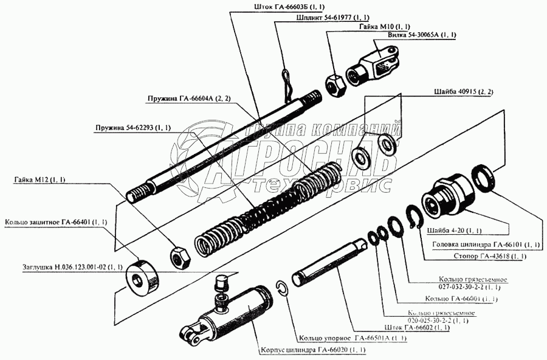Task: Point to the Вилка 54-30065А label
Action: coord(422,36)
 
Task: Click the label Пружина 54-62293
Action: coord(132,128)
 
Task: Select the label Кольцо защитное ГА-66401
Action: coord(56,222)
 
